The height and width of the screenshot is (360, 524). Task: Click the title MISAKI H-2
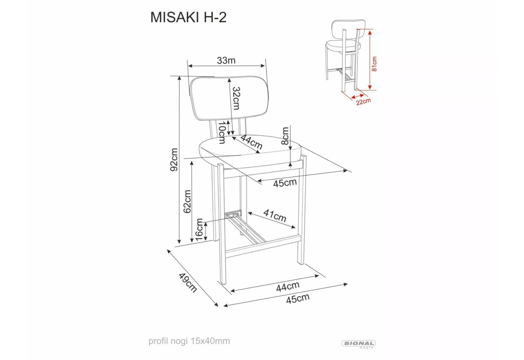point(188,17)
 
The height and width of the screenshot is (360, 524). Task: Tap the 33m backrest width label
point(226,61)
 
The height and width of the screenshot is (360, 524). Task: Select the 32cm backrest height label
point(236,98)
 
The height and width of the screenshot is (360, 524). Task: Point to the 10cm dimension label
point(222,132)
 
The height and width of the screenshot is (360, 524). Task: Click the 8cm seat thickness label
point(285,136)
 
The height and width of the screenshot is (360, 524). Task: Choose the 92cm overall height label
point(175,159)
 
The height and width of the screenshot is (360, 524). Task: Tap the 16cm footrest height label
point(199,230)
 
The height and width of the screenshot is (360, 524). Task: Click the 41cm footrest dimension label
point(275,216)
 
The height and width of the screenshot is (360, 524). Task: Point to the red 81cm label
point(374,64)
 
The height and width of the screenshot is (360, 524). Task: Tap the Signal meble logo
point(359,344)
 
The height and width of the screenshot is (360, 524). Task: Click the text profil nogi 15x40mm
point(189,341)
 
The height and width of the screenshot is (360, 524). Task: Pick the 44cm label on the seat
point(251,142)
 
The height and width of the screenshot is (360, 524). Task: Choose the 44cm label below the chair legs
point(287,286)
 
